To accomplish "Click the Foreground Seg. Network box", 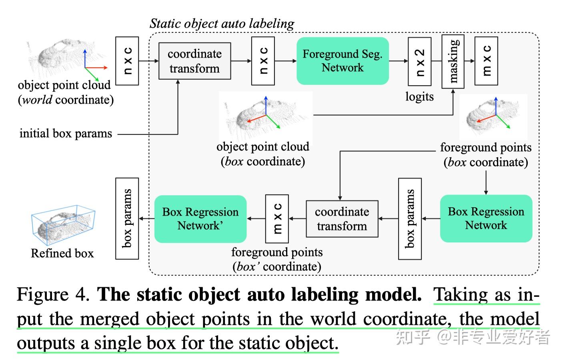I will click(x=343, y=61).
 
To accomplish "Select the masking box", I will click(x=453, y=61).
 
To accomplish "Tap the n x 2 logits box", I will click(x=419, y=61).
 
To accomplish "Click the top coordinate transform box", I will click(x=194, y=61).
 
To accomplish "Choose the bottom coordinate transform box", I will click(x=342, y=219).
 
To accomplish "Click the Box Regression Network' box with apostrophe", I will click(x=200, y=219).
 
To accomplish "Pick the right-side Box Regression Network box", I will click(x=486, y=218).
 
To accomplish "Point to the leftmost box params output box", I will click(x=127, y=218).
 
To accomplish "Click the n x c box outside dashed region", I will click(x=127, y=61).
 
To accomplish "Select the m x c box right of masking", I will click(x=486, y=61).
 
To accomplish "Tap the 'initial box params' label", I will click(x=66, y=133).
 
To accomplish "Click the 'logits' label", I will click(x=419, y=97).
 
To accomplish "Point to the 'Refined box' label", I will click(x=62, y=253).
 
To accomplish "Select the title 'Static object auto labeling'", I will click(x=222, y=24).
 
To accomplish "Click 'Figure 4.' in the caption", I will click(x=53, y=295).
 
